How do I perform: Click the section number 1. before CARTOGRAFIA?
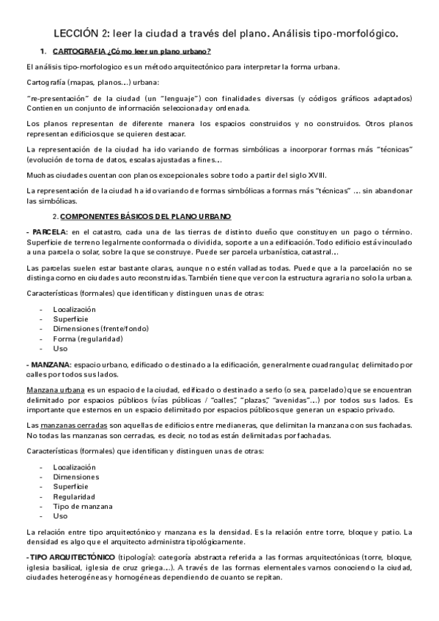tap(45, 51)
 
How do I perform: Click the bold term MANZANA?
tap(48, 364)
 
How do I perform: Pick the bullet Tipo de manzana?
tap(82, 506)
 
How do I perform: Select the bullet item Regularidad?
tap(73, 496)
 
